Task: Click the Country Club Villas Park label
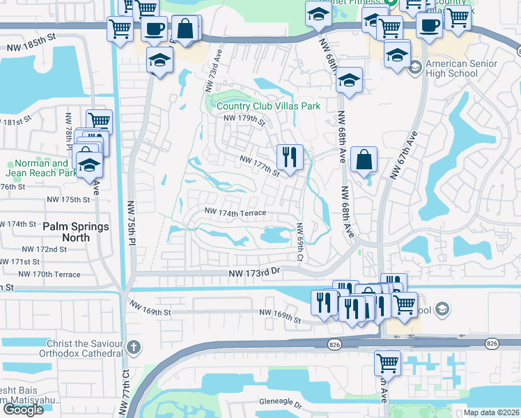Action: (268, 106)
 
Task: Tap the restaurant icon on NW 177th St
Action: (290, 157)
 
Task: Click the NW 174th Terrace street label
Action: (235, 211)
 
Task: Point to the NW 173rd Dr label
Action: (254, 275)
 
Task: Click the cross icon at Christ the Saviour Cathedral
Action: (135, 346)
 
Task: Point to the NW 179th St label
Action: (244, 121)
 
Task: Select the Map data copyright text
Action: (491, 412)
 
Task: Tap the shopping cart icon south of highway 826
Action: (387, 362)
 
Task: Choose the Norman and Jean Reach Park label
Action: (38, 167)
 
